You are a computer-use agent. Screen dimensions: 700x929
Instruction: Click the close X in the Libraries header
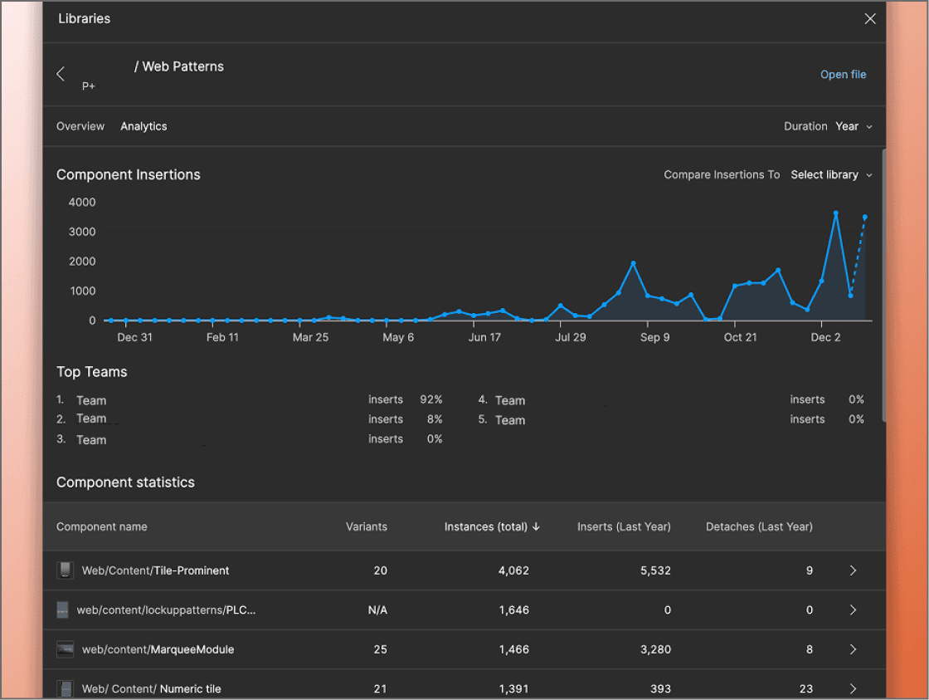coord(869,18)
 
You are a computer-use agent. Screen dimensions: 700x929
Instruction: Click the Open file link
coord(843,75)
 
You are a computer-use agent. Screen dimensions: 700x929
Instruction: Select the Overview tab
coord(80,126)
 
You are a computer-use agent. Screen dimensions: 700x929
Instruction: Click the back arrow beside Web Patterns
coord(61,74)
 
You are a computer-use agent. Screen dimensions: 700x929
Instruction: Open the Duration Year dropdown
coord(853,126)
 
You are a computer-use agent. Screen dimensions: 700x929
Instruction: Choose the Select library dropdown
coord(831,174)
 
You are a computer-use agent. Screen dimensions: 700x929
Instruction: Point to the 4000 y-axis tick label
coord(82,202)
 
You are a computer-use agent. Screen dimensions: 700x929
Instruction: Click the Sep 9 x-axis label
coord(655,337)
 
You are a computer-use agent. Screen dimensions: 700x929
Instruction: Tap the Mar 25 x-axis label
coord(311,337)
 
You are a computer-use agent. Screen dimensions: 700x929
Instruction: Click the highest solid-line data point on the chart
coord(835,213)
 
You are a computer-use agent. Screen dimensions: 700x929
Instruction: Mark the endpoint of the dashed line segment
coord(865,218)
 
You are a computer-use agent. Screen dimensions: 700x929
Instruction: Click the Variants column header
coord(366,526)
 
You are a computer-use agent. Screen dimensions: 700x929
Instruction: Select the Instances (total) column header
coord(492,526)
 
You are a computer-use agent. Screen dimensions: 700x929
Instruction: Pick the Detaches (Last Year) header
coord(759,526)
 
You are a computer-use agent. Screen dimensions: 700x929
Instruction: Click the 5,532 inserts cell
coord(655,570)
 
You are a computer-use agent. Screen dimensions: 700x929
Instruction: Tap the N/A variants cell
coord(377,610)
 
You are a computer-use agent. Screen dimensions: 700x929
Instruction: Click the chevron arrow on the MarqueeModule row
coord(853,649)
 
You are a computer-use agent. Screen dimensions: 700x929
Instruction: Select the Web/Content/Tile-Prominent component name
coord(155,570)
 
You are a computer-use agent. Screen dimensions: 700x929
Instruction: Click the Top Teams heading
coord(92,372)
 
